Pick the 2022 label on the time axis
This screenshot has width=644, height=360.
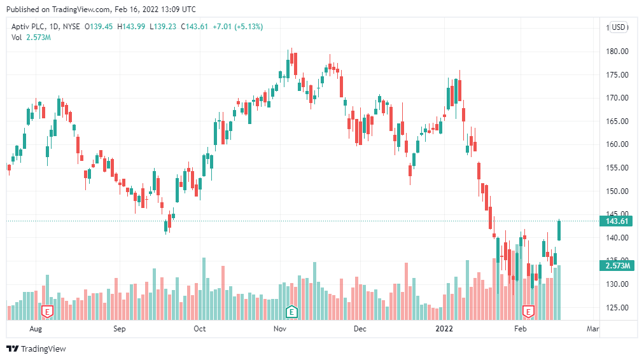[444, 329]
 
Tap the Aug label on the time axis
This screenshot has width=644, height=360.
[36, 329]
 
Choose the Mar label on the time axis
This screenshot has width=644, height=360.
[593, 329]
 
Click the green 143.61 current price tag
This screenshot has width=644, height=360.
[617, 221]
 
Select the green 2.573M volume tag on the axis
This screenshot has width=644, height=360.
[617, 265]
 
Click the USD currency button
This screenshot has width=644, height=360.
[619, 27]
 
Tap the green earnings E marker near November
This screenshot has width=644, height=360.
[291, 311]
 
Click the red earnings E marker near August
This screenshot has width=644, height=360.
[46, 311]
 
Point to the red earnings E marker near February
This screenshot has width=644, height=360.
[528, 311]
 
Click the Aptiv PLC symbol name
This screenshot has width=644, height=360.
[30, 27]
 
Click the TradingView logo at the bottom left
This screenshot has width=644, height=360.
[36, 349]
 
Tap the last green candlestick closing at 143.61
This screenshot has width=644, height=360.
[559, 230]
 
